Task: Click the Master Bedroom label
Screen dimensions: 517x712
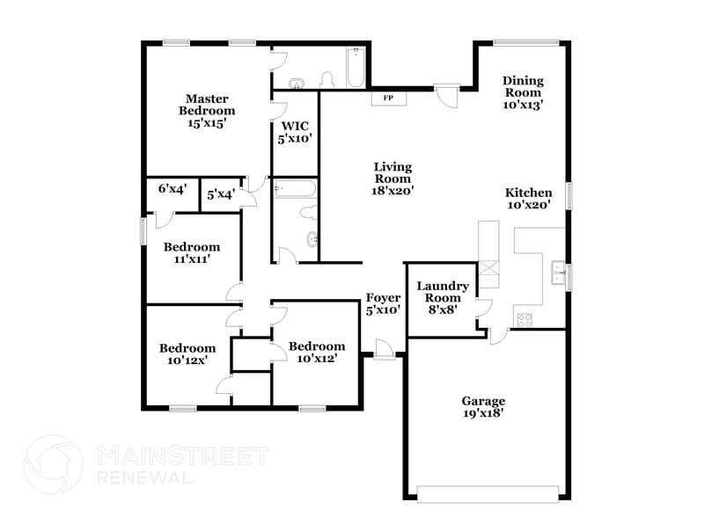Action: [x=207, y=111]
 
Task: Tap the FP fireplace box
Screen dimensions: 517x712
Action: [x=387, y=98]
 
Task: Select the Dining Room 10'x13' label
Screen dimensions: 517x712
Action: [x=523, y=92]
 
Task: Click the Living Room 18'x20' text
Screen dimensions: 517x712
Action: [x=393, y=178]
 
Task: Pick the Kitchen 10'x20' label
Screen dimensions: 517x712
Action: [x=528, y=199]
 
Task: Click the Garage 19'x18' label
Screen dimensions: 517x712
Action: [x=482, y=407]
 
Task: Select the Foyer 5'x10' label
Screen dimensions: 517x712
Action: [x=383, y=303]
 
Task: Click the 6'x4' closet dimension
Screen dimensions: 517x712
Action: [x=172, y=188]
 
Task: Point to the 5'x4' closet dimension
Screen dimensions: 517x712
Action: [x=221, y=194]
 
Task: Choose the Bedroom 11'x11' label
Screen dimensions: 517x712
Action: [x=191, y=253]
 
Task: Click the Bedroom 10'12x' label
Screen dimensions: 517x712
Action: [x=187, y=354]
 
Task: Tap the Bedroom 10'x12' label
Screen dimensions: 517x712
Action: [x=317, y=352]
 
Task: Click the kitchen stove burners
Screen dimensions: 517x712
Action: [x=525, y=319]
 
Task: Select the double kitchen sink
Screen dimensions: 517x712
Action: [x=556, y=273]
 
